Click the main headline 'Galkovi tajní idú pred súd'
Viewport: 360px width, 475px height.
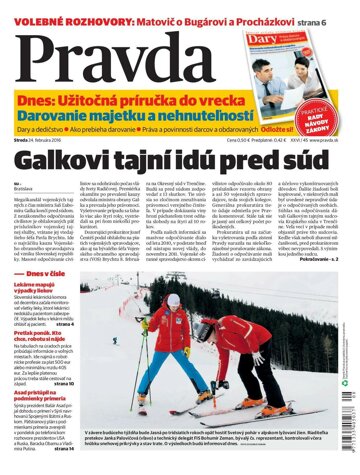[180, 161]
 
